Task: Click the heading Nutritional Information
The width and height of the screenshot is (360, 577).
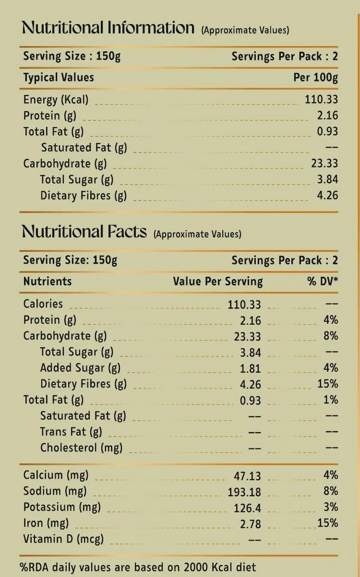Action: pos(108,28)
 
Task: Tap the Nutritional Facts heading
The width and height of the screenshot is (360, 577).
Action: pos(84,232)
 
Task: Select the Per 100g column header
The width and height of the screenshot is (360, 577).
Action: pos(315,78)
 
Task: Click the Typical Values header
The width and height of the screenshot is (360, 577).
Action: pos(59,78)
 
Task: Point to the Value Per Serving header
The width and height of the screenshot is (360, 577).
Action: pos(218,282)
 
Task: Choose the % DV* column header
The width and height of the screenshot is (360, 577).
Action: pos(323,282)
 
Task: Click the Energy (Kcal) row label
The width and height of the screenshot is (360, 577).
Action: pos(56,100)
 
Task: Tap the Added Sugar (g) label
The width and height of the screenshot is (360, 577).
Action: pos(80,368)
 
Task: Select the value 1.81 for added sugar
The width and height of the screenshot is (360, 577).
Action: pos(251,368)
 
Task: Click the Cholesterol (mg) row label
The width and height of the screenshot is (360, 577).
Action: pos(81,448)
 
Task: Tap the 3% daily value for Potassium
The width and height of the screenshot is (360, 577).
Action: pos(331,507)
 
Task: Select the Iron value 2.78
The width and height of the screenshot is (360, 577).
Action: pos(251,523)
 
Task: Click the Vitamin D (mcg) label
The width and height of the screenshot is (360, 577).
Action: pos(63,539)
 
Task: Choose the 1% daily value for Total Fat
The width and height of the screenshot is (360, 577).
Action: pos(331,400)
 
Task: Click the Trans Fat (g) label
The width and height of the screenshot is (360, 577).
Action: pos(71,432)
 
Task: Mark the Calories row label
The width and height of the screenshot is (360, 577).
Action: pos(43,304)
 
